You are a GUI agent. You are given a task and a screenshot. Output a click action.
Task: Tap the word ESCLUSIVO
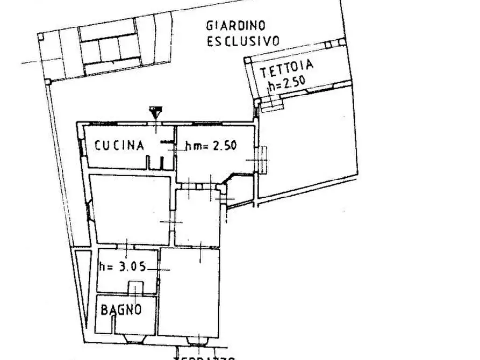(243, 41)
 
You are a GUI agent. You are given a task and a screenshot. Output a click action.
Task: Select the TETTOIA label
(286, 70)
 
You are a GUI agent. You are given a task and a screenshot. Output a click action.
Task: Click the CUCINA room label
(119, 145)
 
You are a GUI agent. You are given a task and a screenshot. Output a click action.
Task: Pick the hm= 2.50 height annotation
(211, 145)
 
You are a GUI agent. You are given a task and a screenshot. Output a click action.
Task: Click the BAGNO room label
(121, 309)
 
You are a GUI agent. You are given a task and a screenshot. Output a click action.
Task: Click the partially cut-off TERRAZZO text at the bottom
(204, 357)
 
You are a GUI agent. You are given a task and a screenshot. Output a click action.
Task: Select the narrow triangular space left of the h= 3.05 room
(81, 285)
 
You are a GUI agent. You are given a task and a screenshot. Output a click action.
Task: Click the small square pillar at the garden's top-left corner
(40, 36)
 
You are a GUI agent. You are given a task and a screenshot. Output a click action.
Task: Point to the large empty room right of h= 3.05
(189, 293)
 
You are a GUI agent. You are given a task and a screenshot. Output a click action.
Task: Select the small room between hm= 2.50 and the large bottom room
(197, 218)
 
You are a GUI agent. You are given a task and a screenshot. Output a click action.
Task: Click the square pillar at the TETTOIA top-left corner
(248, 61)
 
